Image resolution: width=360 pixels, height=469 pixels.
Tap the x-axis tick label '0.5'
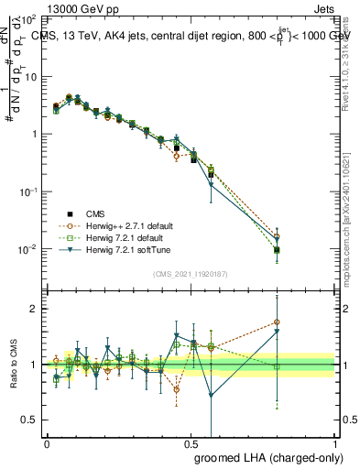click(x=191, y=442)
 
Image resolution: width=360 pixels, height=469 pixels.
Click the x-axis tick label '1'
click(x=335, y=442)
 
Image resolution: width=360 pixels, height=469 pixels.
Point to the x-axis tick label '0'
click(x=47, y=442)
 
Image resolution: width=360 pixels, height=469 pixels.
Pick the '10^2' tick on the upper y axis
click(x=27, y=19)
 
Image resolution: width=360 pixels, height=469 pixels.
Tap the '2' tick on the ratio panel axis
click(x=35, y=309)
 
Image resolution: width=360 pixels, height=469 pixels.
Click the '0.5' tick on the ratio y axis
click(x=30, y=420)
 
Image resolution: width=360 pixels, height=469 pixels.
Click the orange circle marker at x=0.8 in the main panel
click(x=277, y=237)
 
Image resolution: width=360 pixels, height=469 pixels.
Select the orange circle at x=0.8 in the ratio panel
click(x=277, y=322)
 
